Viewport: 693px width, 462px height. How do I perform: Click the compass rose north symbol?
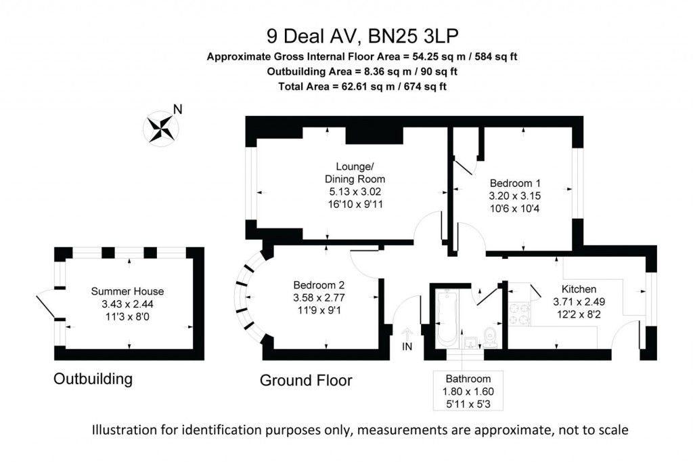point(162,126)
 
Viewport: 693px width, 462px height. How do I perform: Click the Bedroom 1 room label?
point(515,183)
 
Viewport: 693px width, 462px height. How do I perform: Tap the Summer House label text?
point(127,291)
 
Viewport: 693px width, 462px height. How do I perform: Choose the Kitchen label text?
point(575,289)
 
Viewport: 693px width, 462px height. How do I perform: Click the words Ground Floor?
point(306,381)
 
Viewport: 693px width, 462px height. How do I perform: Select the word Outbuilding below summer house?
point(93,379)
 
